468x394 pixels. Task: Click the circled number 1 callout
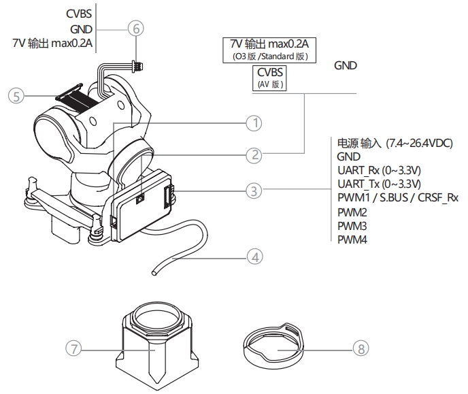[x=254, y=123]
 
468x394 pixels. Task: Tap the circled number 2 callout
[x=254, y=155]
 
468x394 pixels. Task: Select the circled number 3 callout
[x=254, y=191]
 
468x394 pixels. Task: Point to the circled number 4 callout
[x=254, y=257]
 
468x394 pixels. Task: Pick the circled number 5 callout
[x=15, y=96]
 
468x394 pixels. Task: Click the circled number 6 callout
[x=137, y=29]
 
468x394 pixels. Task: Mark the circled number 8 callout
[x=361, y=348]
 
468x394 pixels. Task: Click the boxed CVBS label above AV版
[x=271, y=73]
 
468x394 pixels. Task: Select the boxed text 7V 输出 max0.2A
[x=269, y=45]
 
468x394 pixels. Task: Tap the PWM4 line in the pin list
[x=352, y=239]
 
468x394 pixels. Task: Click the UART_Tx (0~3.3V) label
[x=380, y=184]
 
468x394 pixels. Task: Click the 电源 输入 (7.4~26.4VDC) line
[x=395, y=143]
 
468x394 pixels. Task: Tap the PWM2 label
[x=352, y=212]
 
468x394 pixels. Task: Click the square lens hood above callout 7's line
[x=156, y=340]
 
